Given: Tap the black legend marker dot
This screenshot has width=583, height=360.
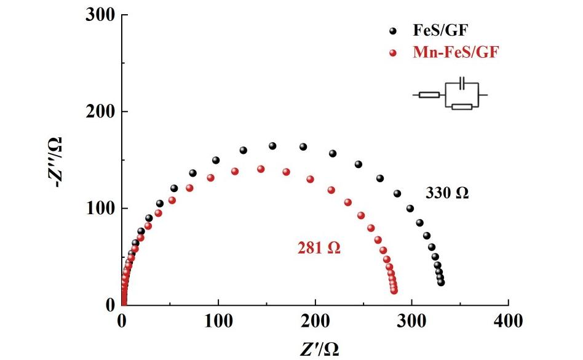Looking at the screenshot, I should coord(393,31).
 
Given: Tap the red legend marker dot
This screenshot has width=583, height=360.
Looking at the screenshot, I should coord(393,53).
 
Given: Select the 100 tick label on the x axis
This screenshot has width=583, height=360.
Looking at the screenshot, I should coord(219,321).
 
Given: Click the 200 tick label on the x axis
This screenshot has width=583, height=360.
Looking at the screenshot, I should coord(315,321).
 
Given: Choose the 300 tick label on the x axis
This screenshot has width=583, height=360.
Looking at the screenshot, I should coord(412,321).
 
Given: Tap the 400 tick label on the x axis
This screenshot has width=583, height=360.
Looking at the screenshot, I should coord(509,321).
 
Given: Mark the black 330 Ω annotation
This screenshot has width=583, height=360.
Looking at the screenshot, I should coord(447,193).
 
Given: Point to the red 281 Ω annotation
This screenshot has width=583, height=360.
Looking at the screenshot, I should coord(319,249).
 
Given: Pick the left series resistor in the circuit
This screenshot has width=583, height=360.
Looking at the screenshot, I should coord(429,95).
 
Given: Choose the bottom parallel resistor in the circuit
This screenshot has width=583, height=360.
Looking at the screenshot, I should coord(461,107).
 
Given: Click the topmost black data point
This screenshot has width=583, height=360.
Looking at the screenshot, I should coord(272,146).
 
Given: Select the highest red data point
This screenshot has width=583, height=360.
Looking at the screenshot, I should coord(261,169).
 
